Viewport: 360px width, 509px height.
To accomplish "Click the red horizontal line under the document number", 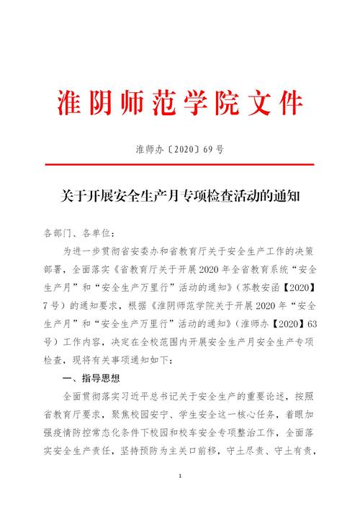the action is [179, 165].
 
